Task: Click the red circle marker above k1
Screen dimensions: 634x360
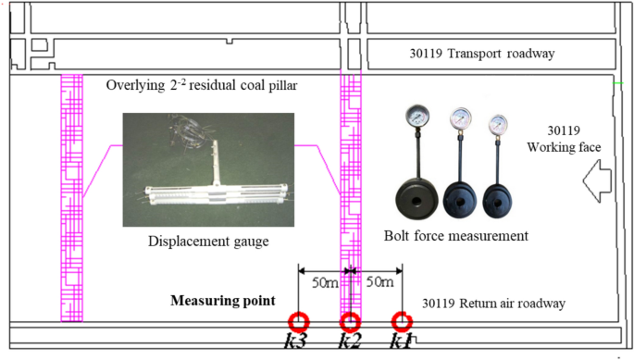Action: [401, 322]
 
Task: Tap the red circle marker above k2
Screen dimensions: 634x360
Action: [350, 322]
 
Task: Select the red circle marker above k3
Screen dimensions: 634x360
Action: [298, 322]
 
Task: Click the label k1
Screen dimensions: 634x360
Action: [401, 342]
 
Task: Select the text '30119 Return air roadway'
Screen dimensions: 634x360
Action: [492, 303]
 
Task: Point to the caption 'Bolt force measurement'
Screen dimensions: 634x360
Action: [455, 237]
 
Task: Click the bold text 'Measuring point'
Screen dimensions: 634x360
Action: [222, 301]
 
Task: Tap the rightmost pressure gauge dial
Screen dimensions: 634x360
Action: [499, 124]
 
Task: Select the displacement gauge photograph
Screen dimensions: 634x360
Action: [208, 169]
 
